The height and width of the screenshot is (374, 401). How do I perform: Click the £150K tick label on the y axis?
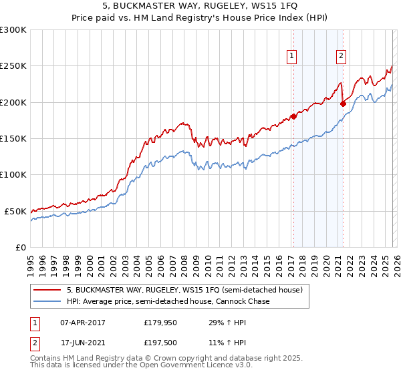(x=13, y=138)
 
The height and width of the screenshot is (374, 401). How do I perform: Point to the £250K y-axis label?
(x=13, y=66)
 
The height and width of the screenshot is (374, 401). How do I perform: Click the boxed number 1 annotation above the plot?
(x=293, y=56)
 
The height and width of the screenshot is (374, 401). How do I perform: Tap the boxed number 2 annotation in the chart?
(x=341, y=56)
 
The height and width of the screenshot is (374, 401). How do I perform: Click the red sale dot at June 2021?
(x=343, y=104)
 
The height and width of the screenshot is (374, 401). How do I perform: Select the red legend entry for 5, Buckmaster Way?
(x=184, y=290)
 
